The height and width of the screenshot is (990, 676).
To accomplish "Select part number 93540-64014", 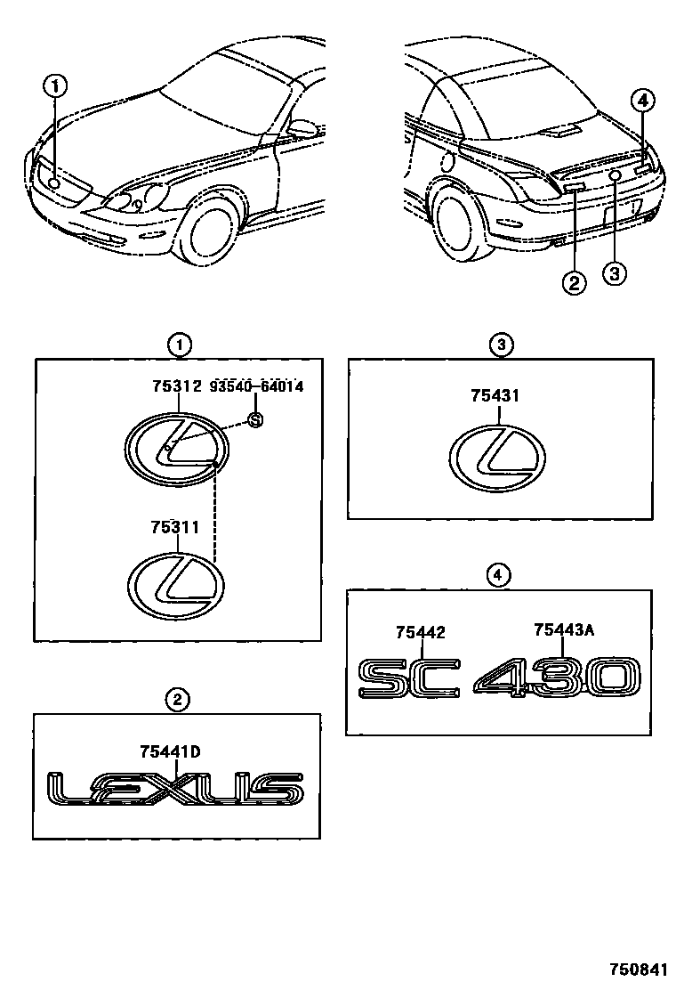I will coord(257,386).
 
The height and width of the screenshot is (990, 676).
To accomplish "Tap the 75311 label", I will coord(177,527).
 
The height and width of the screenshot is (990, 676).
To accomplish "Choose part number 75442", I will coord(420,632).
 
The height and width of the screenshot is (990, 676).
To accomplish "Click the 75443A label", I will coord(563,629).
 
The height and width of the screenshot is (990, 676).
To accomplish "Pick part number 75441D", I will coord(170,751).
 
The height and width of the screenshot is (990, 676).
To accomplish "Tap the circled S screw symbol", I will coord(254,421).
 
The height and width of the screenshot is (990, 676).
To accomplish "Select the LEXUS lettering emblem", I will coord(174,789).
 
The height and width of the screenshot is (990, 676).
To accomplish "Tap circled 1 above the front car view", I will coord(55,86).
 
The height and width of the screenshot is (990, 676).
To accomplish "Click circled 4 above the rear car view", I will coord(644,101).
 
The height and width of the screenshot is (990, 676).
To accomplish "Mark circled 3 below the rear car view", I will coord(614,273).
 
